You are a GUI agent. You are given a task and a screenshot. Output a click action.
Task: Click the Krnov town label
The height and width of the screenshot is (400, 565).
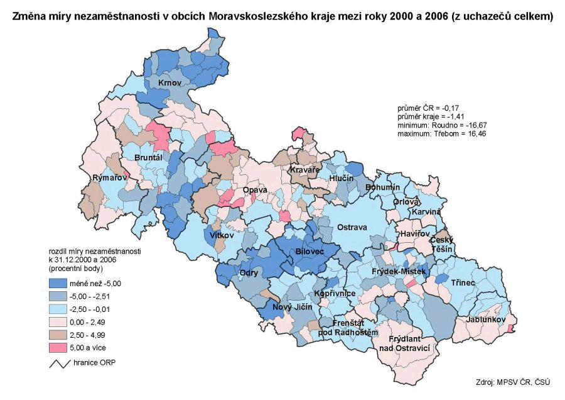[x=169, y=84]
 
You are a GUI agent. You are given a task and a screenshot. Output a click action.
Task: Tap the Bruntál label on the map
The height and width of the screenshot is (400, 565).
[x=149, y=157]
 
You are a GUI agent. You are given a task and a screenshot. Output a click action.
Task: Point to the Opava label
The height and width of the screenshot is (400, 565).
[x=256, y=189]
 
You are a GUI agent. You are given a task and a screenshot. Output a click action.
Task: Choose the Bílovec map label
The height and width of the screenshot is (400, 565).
[x=308, y=252]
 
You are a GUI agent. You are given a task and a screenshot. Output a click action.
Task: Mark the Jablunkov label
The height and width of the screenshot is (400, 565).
[x=486, y=320]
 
